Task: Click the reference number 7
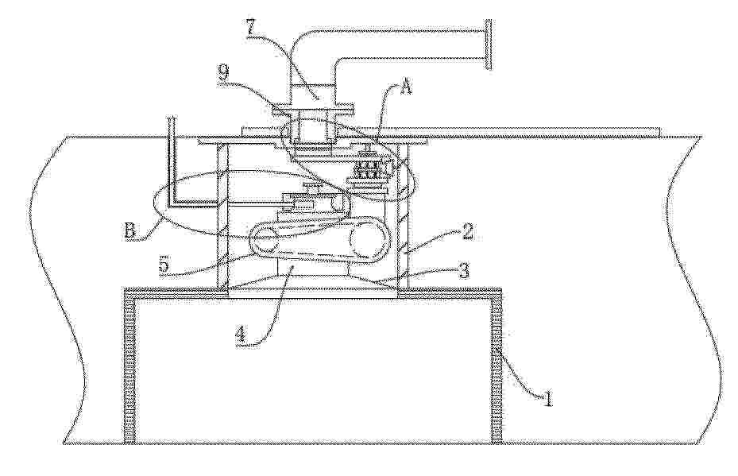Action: click(x=251, y=28)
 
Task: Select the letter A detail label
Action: click(x=406, y=87)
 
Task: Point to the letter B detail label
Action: click(x=130, y=231)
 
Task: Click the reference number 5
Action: click(x=164, y=265)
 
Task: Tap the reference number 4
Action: click(x=241, y=335)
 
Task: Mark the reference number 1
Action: click(x=547, y=398)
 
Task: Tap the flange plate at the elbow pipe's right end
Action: click(x=489, y=45)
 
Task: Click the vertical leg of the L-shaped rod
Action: click(x=172, y=160)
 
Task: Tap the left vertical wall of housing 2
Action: click(x=222, y=217)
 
